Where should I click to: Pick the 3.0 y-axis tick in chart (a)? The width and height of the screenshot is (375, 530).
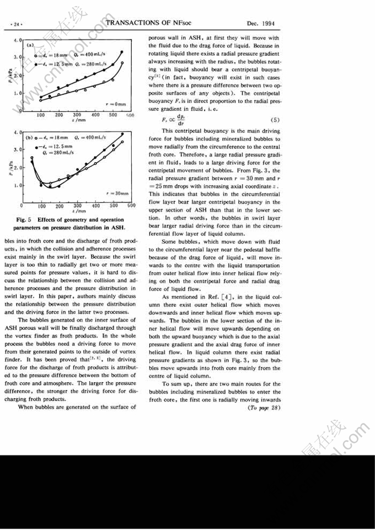[x=17, y=57]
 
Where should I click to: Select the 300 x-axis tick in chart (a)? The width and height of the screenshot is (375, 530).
[x=77, y=115]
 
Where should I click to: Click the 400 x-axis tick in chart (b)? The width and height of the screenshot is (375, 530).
[x=95, y=206]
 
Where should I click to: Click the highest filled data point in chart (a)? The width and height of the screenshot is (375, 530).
[x=122, y=52]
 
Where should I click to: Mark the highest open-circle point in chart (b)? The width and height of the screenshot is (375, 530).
[x=122, y=142]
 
